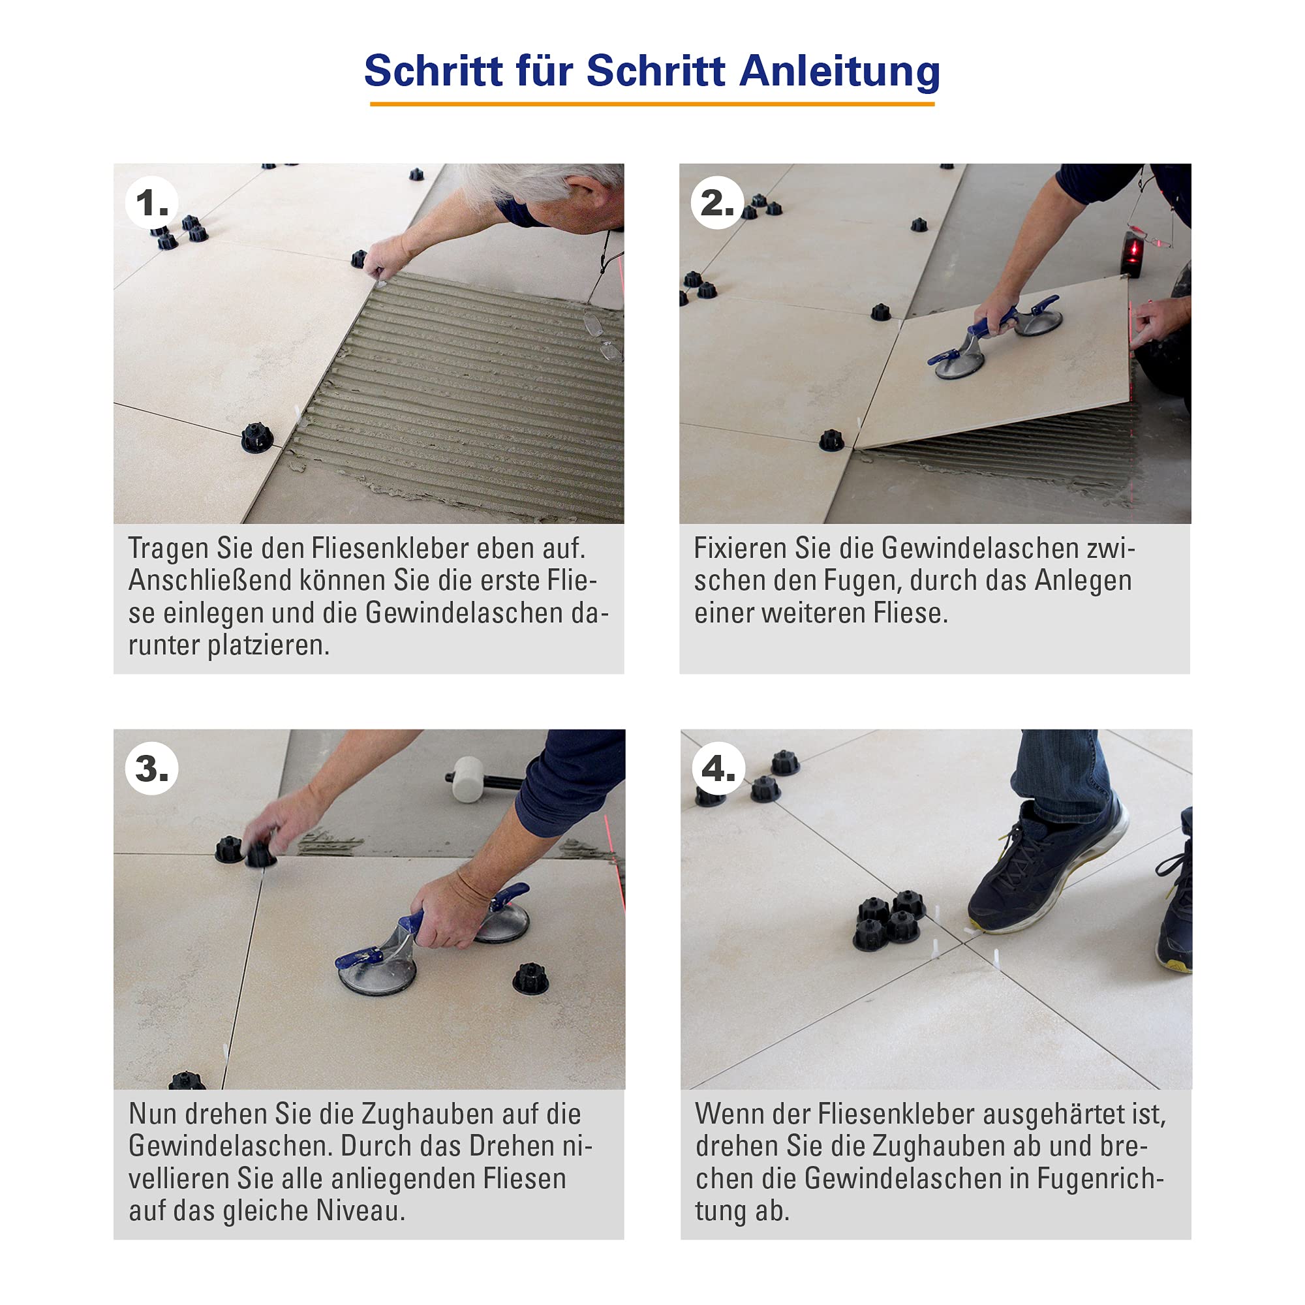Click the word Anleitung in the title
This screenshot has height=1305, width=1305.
[x=840, y=70]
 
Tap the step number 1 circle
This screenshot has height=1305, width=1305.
[x=152, y=203]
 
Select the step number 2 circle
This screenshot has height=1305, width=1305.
[x=717, y=203]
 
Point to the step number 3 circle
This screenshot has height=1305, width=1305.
[x=152, y=768]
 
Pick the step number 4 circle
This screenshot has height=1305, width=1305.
[x=718, y=768]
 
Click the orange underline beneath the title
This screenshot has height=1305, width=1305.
[x=652, y=104]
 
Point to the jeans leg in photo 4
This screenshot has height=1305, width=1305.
[x=1060, y=775]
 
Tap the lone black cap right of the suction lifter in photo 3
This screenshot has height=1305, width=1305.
[x=530, y=977]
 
